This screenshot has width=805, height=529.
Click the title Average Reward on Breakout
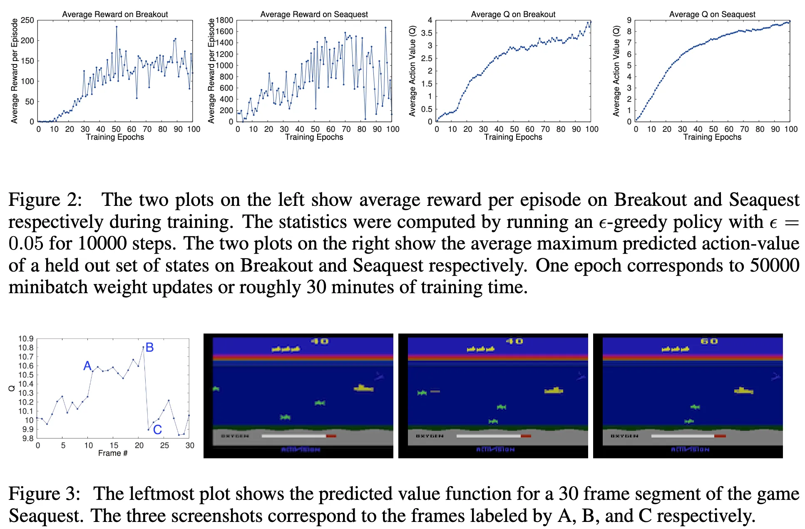115,14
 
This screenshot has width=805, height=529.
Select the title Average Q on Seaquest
712,14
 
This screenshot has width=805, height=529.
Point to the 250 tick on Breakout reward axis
27,20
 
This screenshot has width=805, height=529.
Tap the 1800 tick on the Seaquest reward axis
225,20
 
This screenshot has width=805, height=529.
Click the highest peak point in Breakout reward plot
117,27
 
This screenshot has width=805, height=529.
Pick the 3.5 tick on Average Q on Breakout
427,33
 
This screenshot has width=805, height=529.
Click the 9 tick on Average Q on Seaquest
629,20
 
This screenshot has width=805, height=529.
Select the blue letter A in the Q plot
87,366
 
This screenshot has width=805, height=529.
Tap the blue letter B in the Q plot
150,347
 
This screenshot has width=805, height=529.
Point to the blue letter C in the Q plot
157,430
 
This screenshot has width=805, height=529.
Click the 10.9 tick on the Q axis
26,339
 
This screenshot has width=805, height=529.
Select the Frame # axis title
113,453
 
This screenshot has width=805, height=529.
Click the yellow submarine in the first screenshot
364,388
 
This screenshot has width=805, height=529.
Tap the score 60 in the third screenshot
709,341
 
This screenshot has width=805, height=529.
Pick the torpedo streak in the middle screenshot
435,391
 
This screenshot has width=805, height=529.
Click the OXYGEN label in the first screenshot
235,436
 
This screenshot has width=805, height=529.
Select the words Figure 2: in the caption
45,200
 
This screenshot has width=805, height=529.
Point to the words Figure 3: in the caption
45,494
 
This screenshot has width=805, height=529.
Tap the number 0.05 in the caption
26,244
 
